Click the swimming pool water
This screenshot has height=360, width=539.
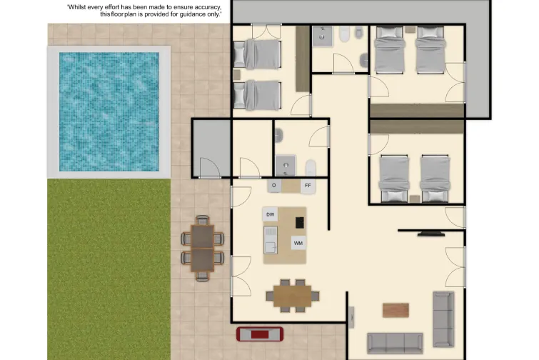(109, 111)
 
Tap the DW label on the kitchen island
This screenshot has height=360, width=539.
(271, 214)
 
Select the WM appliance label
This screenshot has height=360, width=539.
(298, 243)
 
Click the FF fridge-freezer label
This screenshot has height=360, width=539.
(308, 186)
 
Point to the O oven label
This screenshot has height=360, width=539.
(274, 186)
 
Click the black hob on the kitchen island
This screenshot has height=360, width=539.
(299, 222)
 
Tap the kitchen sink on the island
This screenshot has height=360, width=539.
(271, 241)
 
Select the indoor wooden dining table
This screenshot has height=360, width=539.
(293, 294)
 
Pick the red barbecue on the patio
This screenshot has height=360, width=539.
(260, 334)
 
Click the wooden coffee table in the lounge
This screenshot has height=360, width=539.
(396, 310)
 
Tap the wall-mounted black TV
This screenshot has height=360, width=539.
(431, 233)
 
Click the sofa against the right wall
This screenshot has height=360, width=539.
(443, 319)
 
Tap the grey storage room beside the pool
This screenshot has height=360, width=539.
(211, 147)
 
